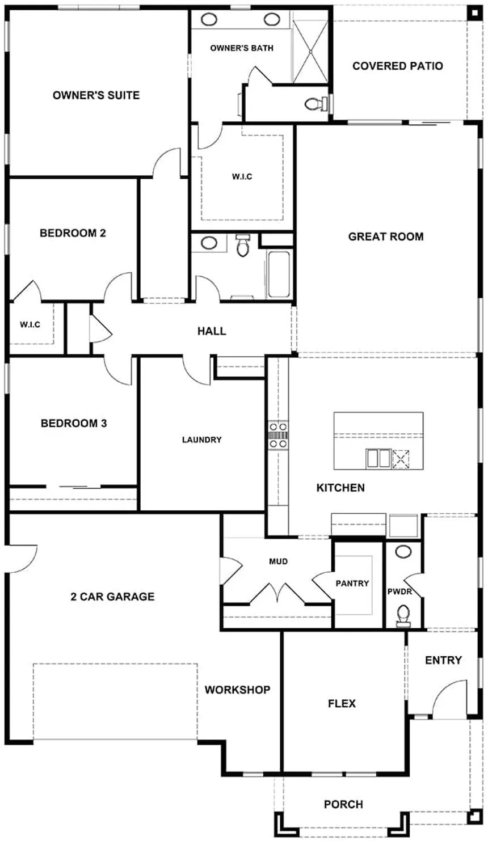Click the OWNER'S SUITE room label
[96, 95]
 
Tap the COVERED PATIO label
[397, 66]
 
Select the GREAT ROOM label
[386, 236]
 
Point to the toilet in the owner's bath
[314, 104]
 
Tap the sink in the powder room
[403, 552]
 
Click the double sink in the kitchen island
[378, 457]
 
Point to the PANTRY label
[352, 583]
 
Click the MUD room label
[278, 561]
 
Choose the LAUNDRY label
[201, 439]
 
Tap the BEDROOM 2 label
[73, 233]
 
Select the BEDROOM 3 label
[74, 423]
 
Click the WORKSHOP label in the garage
[237, 690]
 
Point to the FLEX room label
[342, 703]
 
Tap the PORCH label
[343, 804]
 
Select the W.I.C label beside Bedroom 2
[30, 324]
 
